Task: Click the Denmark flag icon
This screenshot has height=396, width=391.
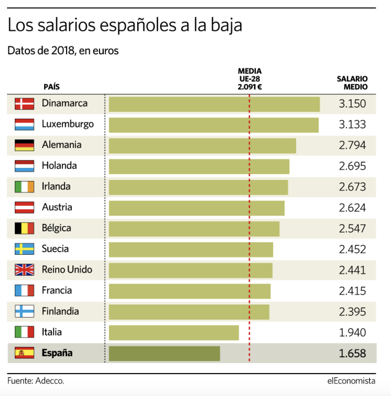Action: [24, 104]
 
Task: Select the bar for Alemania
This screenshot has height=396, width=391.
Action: [202, 146]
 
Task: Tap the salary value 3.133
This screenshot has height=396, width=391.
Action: [352, 124]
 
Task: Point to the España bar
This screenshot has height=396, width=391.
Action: [164, 353]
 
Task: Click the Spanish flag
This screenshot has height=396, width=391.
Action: [24, 353]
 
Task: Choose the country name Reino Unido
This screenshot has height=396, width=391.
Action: [67, 269]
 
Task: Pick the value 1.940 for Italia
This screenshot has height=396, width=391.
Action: [352, 332]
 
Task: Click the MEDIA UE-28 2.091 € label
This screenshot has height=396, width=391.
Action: [249, 79]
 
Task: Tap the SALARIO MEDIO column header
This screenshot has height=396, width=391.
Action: [352, 83]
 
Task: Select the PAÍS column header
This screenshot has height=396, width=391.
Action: [52, 87]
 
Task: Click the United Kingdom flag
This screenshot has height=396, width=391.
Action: [24, 270]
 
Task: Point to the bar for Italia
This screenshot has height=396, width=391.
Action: [174, 333]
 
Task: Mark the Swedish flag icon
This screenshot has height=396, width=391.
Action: [24, 249]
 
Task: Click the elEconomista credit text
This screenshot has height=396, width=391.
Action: [351, 381]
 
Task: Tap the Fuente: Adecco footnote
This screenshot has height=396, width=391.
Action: [36, 381]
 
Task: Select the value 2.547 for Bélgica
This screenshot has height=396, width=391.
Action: [352, 229]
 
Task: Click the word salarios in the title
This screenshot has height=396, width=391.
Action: [66, 25]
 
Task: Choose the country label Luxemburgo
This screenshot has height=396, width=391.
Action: [68, 124]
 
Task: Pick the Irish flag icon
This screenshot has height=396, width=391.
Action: [24, 187]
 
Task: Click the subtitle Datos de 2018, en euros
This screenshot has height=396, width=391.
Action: [63, 50]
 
